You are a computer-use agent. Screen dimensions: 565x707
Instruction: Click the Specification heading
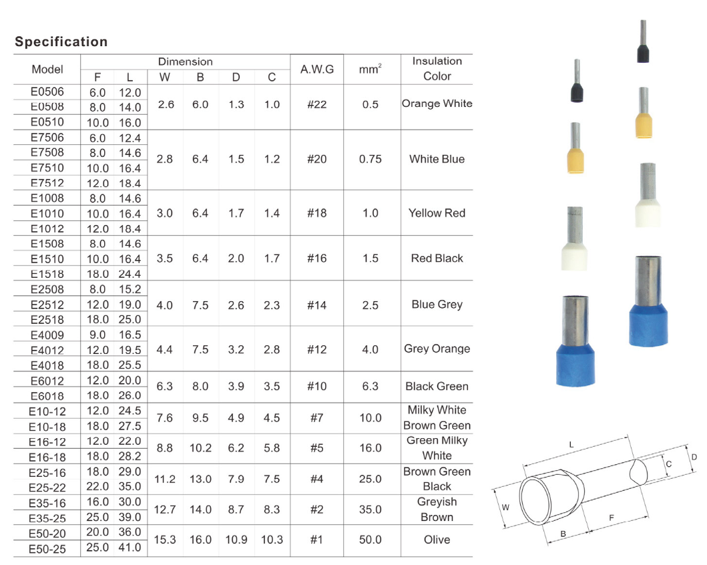click(x=61, y=42)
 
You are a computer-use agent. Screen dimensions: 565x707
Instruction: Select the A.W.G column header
click(x=317, y=69)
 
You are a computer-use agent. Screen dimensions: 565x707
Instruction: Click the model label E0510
click(x=47, y=122)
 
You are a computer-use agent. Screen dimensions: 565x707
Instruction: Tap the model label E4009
click(x=47, y=334)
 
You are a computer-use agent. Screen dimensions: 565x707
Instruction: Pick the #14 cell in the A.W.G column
click(x=317, y=305)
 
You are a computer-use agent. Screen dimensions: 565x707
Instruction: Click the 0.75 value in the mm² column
click(x=370, y=160)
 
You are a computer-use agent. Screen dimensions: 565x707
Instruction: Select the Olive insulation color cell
click(x=437, y=540)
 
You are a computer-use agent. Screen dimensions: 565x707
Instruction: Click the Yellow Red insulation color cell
click(x=437, y=213)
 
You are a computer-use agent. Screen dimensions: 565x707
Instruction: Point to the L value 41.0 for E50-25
click(x=130, y=548)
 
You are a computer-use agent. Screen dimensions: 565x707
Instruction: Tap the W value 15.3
click(x=165, y=540)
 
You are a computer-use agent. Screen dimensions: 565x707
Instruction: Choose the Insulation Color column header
click(x=437, y=69)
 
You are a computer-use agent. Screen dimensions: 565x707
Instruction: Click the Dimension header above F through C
click(x=185, y=61)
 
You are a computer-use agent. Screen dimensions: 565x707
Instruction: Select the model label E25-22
click(x=47, y=487)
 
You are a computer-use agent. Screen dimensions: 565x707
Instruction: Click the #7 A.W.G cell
click(x=317, y=418)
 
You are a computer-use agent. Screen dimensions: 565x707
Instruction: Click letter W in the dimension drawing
click(x=505, y=508)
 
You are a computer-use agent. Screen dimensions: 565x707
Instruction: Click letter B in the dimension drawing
click(x=563, y=534)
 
